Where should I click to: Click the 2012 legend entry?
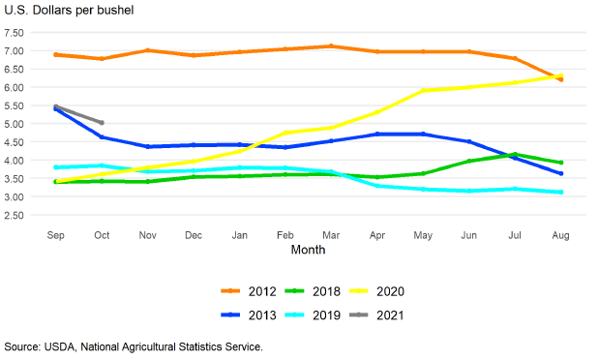(x=249, y=291)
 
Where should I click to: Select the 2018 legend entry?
(x=313, y=291)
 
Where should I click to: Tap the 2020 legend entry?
(x=376, y=291)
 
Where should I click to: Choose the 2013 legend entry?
(x=249, y=315)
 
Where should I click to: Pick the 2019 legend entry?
(x=313, y=315)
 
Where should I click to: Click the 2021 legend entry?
(x=376, y=315)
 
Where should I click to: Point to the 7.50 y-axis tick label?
(x=14, y=33)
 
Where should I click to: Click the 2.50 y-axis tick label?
(x=14, y=216)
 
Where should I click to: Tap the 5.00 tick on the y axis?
(x=14, y=124)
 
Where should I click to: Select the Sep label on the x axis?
(x=56, y=235)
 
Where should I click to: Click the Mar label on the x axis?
(x=331, y=235)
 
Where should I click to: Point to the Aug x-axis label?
(x=560, y=235)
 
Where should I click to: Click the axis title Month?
(x=308, y=250)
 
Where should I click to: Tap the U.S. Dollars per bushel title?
(x=69, y=11)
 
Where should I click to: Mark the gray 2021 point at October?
(x=102, y=122)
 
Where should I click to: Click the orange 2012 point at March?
(x=331, y=46)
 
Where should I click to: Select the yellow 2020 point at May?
(x=423, y=91)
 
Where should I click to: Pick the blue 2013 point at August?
(x=560, y=173)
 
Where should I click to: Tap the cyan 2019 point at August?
(x=560, y=192)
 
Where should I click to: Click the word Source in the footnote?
(x=21, y=347)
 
